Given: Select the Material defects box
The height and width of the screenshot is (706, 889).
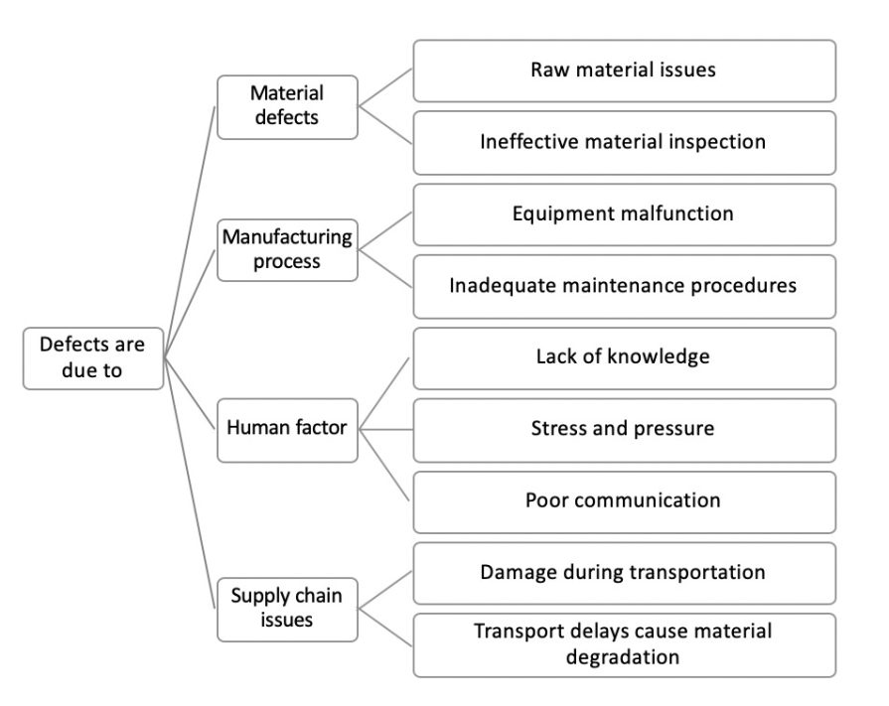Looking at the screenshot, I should [287, 106].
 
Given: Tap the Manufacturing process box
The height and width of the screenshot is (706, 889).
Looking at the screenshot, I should [288, 250].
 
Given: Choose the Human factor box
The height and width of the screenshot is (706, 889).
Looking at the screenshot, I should [287, 429].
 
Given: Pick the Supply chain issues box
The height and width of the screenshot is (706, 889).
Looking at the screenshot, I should [287, 608].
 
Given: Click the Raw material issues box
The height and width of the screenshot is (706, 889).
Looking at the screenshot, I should [624, 71].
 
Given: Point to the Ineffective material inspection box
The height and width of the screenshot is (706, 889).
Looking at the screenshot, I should [624, 142].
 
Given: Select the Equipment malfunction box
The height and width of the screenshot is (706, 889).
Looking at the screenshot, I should [624, 213].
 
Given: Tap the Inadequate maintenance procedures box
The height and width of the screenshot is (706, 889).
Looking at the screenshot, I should [624, 286].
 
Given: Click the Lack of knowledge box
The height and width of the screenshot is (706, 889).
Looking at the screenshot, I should [624, 357].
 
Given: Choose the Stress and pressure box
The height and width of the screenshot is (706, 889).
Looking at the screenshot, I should [624, 429].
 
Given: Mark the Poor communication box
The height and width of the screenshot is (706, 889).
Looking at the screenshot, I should [624, 500].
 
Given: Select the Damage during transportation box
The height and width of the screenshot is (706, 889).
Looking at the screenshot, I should [624, 573].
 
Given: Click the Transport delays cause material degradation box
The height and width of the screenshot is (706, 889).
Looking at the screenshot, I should [624, 644].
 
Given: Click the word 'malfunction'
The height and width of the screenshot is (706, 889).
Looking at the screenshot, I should [674, 213].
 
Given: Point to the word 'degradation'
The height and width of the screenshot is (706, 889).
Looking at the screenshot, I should [623, 657].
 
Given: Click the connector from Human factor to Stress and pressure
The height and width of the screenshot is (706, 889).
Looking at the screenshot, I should [385, 429].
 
